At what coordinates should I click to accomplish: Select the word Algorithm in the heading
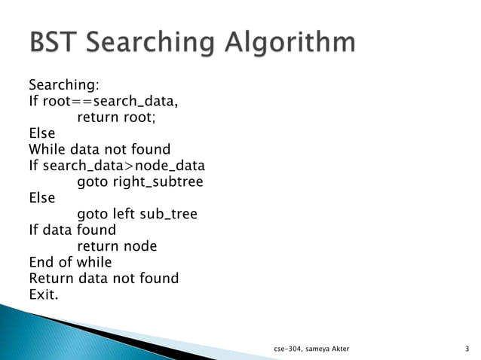point(290,43)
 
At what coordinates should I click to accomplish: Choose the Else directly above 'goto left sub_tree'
point(41,198)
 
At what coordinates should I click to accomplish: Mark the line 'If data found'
point(72,230)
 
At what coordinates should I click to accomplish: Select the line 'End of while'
point(70,263)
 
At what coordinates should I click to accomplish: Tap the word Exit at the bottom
point(41,294)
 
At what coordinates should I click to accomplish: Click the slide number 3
point(467,348)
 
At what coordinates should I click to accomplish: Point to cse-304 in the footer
point(290,349)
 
